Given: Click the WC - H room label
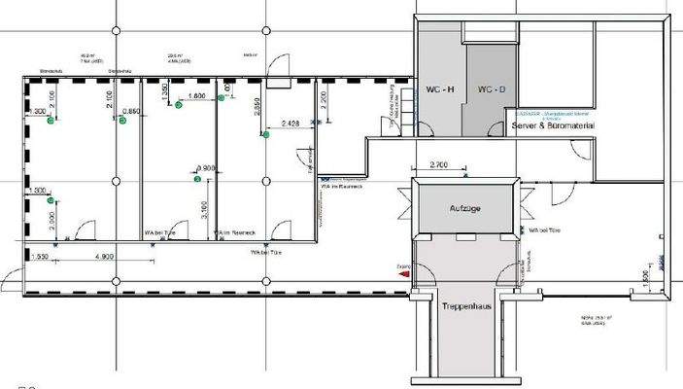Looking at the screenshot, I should pyautogui.click(x=440, y=89).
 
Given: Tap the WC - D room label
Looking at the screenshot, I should pyautogui.click(x=491, y=89).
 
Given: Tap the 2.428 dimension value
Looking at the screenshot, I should pyautogui.click(x=289, y=124).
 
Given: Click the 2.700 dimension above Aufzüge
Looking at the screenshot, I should pyautogui.click(x=437, y=166).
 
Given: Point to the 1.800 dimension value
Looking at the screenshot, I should pyautogui.click(x=194, y=96).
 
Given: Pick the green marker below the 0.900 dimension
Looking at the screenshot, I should pyautogui.click(x=197, y=179).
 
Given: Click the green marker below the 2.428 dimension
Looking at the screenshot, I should pyautogui.click(x=264, y=136).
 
